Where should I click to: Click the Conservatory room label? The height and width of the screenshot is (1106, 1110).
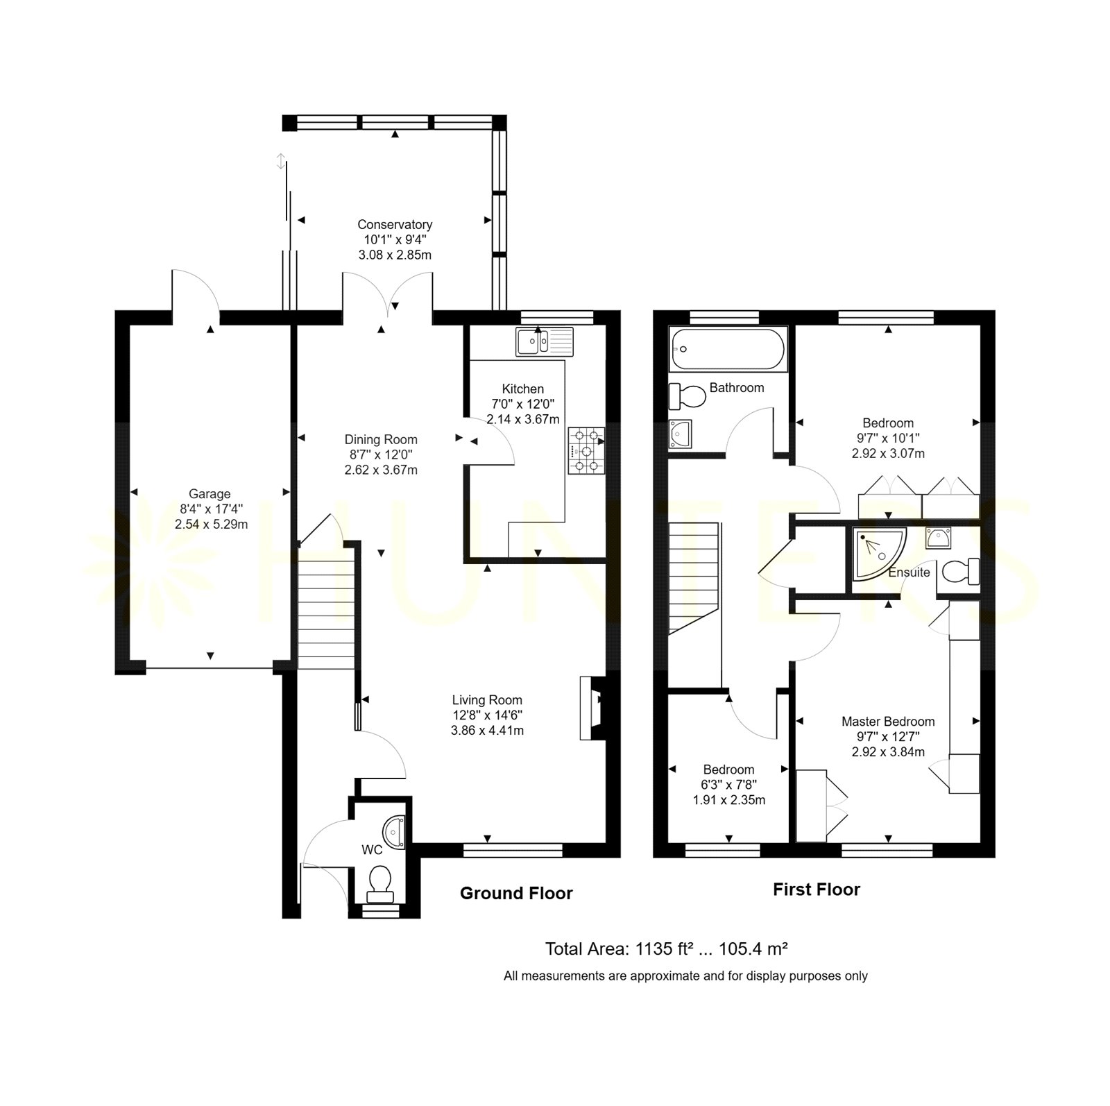[395, 224]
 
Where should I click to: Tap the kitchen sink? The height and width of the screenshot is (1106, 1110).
[545, 341]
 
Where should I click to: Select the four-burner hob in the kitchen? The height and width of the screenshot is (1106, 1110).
[586, 450]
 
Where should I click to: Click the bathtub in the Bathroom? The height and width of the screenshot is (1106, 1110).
[728, 348]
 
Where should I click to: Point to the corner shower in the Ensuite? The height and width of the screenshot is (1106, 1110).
[878, 554]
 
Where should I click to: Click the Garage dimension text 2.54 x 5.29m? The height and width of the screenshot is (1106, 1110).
[211, 525]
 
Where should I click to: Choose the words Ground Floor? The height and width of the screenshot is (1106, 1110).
[516, 894]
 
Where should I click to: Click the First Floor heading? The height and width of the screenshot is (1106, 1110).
[817, 890]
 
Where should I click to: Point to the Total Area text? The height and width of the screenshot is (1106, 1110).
[666, 948]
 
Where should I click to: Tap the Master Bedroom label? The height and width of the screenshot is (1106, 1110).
[888, 722]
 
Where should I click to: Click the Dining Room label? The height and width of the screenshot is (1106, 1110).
[381, 439]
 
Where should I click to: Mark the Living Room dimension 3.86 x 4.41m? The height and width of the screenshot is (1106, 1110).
[487, 730]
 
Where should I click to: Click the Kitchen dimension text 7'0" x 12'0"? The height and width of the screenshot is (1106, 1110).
[522, 404]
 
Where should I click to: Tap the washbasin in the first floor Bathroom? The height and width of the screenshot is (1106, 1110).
[681, 434]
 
